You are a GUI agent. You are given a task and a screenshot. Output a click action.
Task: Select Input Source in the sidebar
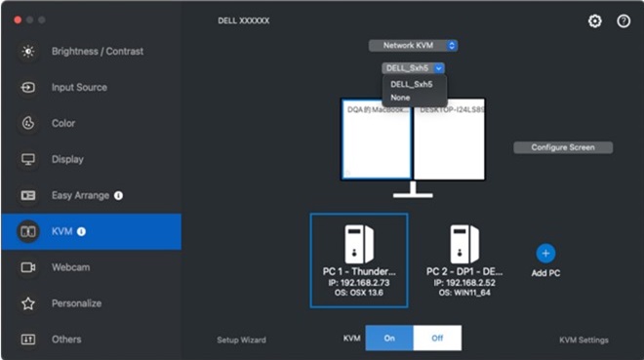tap(79, 87)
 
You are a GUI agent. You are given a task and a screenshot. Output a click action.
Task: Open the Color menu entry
tap(62, 123)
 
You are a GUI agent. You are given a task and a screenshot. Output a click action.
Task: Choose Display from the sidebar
tap(66, 159)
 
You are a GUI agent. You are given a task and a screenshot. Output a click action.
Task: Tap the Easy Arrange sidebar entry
tap(80, 195)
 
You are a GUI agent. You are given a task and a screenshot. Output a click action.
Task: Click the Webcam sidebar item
tap(70, 266)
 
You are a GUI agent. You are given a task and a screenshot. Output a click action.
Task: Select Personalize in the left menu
tap(76, 303)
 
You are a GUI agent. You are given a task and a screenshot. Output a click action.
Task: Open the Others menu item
tap(65, 340)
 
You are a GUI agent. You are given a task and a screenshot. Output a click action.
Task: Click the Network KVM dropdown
tap(414, 45)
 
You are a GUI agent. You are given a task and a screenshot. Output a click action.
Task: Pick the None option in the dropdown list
tap(401, 98)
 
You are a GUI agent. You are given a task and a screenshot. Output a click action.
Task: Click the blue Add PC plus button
tap(545, 253)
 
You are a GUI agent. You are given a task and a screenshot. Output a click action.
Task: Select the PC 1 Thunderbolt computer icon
tap(358, 243)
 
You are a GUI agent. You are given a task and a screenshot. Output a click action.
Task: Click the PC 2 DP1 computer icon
tap(464, 243)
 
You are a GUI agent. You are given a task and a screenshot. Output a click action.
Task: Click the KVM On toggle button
tap(389, 339)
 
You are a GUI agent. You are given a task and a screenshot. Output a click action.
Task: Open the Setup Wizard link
tap(241, 340)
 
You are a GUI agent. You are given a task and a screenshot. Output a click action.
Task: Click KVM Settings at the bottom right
tap(584, 340)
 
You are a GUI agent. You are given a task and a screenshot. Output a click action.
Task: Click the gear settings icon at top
tap(595, 20)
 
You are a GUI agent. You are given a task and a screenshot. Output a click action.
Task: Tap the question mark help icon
tap(624, 20)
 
